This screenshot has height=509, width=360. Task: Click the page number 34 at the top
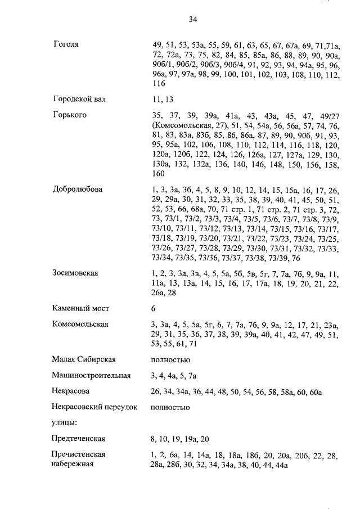[192, 19]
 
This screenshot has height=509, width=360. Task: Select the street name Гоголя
[65, 44]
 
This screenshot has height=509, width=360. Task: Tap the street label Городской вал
[79, 99]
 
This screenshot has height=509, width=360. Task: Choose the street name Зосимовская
[75, 273]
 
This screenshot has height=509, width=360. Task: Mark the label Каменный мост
[80, 308]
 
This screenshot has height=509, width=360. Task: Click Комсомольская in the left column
[80, 325]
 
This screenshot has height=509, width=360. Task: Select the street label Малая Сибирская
[83, 359]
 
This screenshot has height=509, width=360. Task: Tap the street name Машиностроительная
[92, 375]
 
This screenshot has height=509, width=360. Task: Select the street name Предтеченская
[79, 438]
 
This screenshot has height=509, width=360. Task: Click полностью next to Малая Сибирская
[171, 359]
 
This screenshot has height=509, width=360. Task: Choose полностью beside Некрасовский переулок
[171, 407]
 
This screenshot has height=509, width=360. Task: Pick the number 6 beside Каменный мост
[154, 308]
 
